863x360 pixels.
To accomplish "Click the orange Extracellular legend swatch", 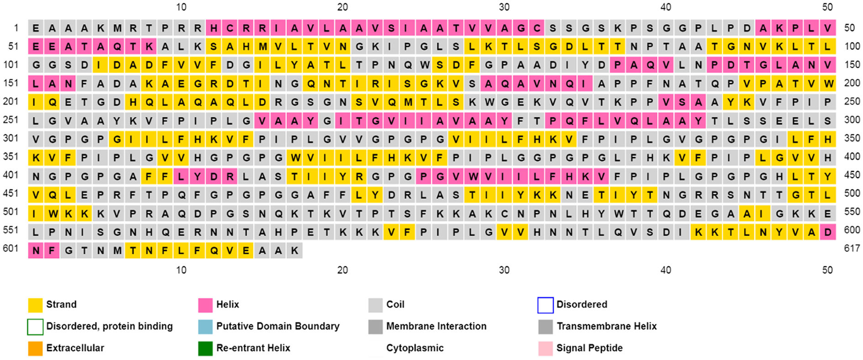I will (35, 348).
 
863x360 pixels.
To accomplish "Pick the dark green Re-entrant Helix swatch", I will (205, 348).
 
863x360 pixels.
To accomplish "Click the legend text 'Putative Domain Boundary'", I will (278, 326).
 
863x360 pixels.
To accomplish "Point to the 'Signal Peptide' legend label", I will (589, 348).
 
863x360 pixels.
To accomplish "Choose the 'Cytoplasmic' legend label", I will (415, 348).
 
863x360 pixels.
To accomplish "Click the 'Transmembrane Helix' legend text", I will (606, 326).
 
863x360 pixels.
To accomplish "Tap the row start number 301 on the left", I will (11, 138).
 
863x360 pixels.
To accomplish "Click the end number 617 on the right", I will (852, 249).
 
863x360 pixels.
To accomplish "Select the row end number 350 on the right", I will (852, 138).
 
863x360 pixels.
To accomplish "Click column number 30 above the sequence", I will (504, 7).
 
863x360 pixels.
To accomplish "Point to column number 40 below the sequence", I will (666, 270).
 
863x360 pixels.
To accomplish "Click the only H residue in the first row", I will (213, 28).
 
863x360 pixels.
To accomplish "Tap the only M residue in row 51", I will (262, 47).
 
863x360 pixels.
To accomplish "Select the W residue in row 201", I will (488, 102).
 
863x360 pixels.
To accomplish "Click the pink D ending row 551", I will (827, 232).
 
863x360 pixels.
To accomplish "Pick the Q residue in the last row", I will (214, 250).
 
